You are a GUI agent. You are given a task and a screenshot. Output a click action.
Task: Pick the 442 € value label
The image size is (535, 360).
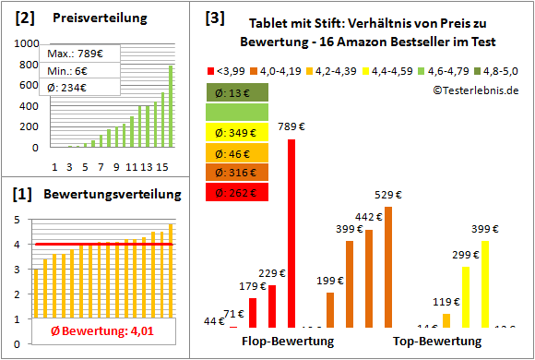(x=369, y=217)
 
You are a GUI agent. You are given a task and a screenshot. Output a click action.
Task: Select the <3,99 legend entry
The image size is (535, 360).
(x=229, y=70)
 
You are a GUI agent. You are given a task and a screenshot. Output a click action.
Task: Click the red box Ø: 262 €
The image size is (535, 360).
(x=238, y=192)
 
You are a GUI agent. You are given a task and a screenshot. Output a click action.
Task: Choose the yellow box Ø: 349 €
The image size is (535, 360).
(x=238, y=131)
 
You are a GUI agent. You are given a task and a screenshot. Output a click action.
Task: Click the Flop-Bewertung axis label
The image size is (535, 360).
(x=287, y=341)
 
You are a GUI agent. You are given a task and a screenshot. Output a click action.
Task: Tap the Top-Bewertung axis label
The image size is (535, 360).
(x=437, y=341)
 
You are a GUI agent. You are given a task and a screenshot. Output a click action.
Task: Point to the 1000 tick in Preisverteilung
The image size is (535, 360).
(x=27, y=43)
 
